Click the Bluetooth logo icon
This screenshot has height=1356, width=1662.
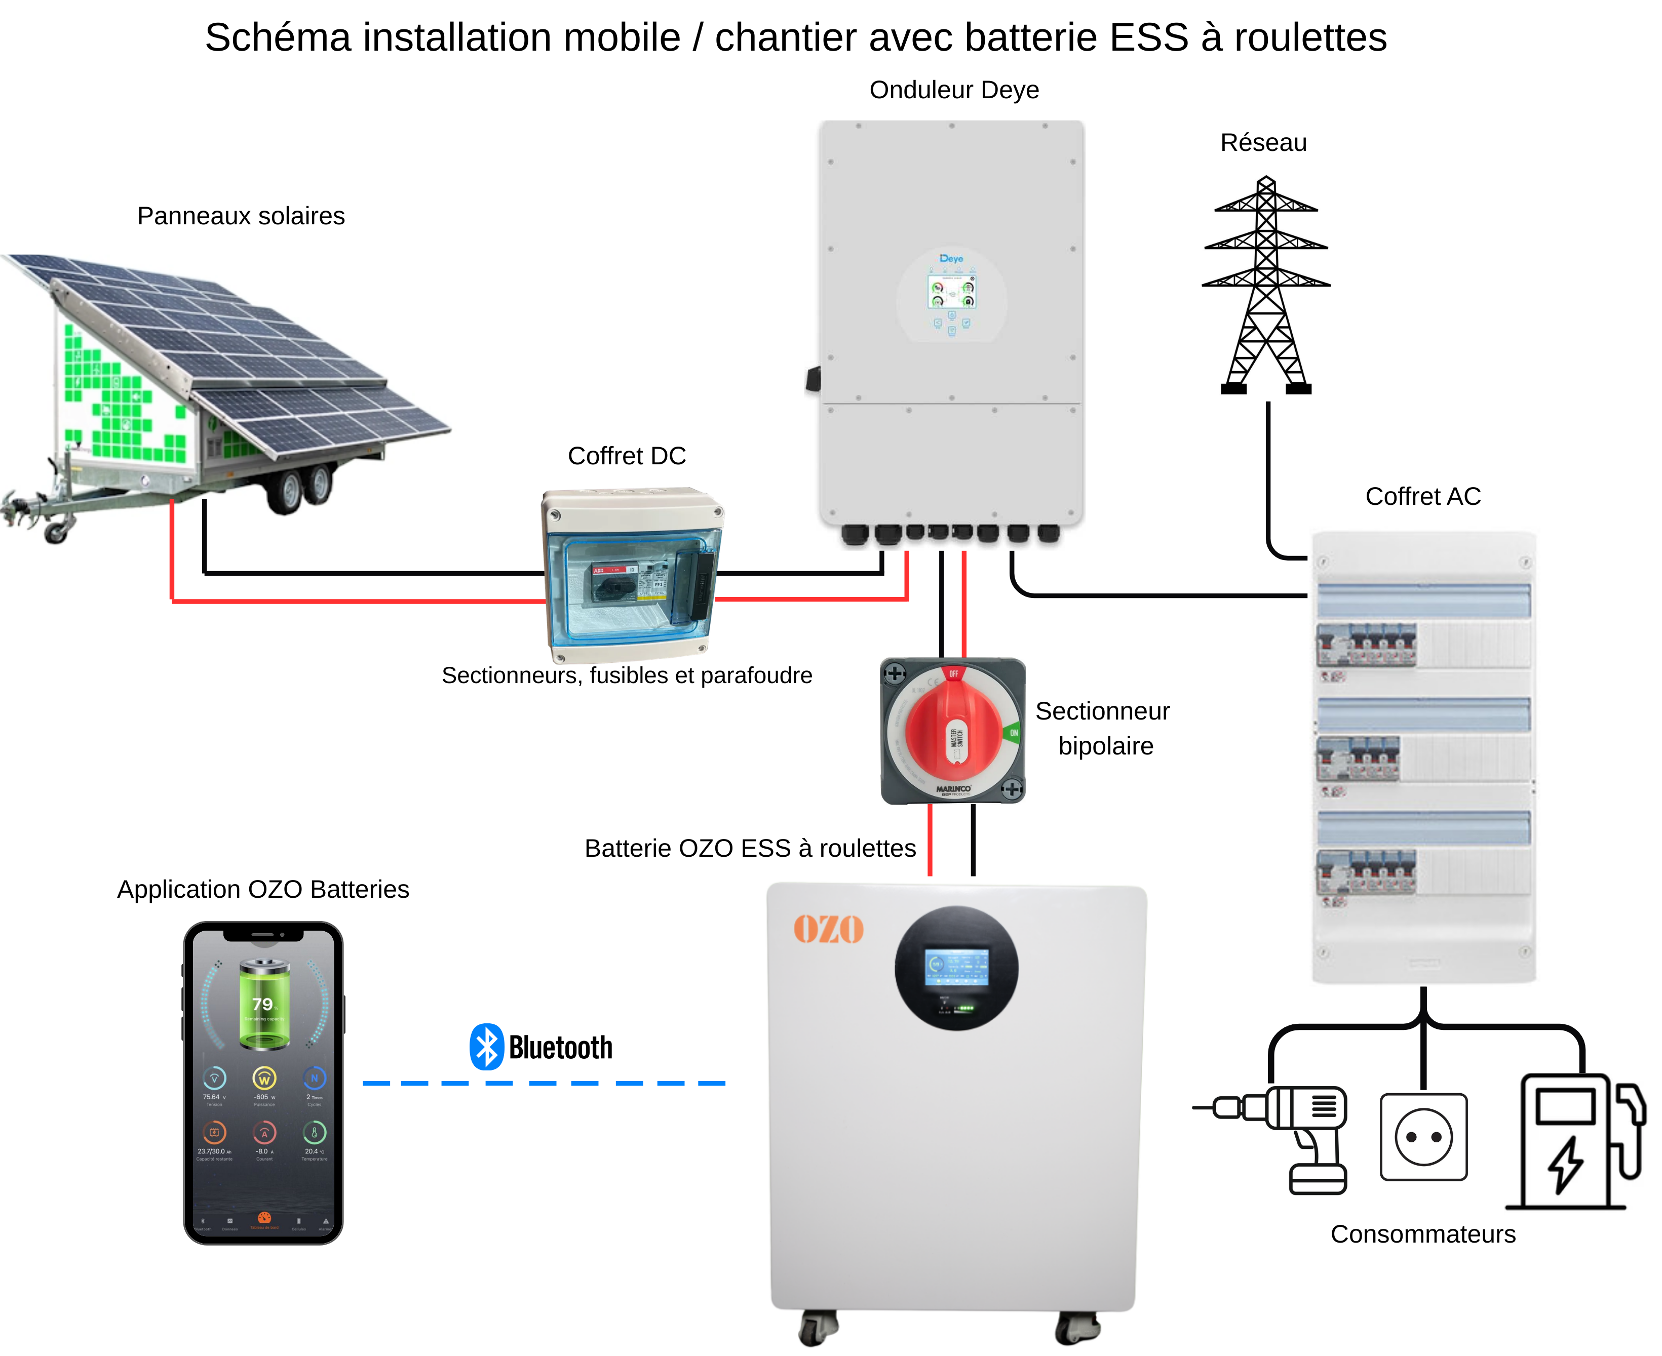(486, 1047)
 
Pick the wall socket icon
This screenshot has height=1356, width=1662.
(1424, 1137)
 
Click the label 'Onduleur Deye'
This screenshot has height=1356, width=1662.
(954, 90)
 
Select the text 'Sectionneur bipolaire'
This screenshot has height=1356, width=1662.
(1103, 728)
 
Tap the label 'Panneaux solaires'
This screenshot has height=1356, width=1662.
(241, 216)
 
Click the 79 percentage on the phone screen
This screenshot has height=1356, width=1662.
(262, 1005)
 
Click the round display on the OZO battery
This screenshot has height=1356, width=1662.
(956, 969)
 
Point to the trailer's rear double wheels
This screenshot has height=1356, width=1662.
(301, 488)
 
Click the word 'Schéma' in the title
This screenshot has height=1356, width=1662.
(278, 37)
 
